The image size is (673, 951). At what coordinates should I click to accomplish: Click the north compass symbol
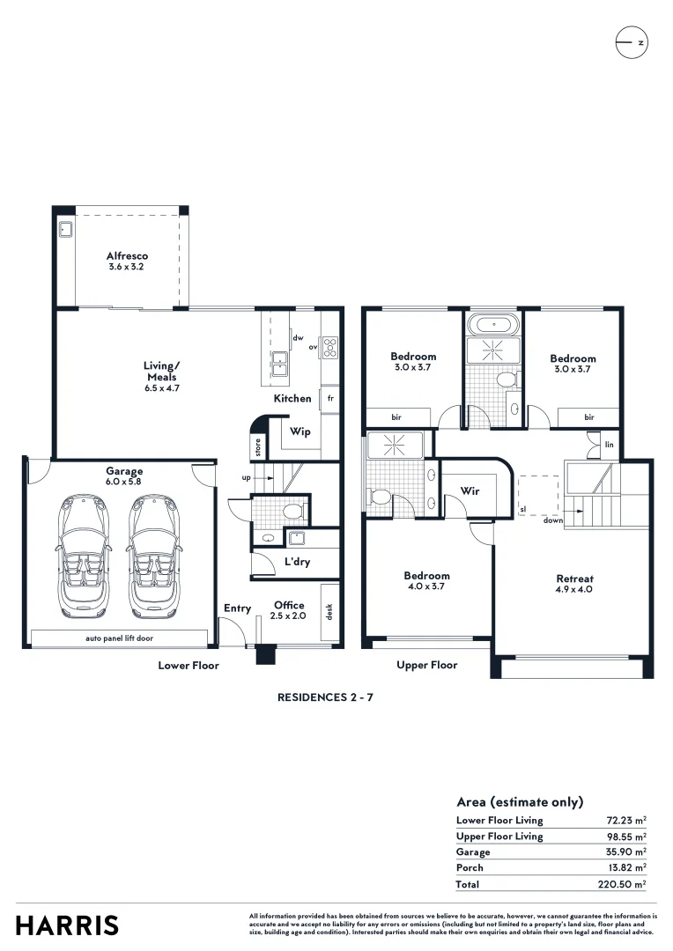point(632,42)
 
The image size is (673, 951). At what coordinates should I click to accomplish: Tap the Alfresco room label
point(127,256)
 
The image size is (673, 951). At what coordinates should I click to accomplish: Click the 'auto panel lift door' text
point(120,638)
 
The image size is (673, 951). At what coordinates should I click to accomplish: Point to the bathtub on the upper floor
point(494,324)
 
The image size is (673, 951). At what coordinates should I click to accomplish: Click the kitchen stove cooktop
point(329,348)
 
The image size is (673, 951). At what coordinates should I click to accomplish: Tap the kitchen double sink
point(279,364)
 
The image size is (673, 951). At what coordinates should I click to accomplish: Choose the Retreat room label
point(574,579)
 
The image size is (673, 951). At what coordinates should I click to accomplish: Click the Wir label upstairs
point(470,490)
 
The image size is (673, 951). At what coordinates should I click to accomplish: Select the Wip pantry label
point(300,431)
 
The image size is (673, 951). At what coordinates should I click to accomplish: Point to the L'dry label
point(298,562)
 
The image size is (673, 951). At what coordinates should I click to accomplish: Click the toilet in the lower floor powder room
point(293,511)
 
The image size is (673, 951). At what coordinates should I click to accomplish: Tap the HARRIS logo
point(67,925)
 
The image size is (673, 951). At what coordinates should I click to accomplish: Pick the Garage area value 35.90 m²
point(625,851)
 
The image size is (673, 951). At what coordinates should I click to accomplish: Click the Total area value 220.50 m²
point(621,884)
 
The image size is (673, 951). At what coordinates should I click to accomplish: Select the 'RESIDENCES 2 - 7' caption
point(325,697)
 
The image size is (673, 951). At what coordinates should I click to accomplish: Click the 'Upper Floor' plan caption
point(426,666)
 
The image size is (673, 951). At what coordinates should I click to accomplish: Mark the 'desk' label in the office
point(329,611)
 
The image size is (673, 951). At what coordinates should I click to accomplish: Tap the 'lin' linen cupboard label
point(609,445)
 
